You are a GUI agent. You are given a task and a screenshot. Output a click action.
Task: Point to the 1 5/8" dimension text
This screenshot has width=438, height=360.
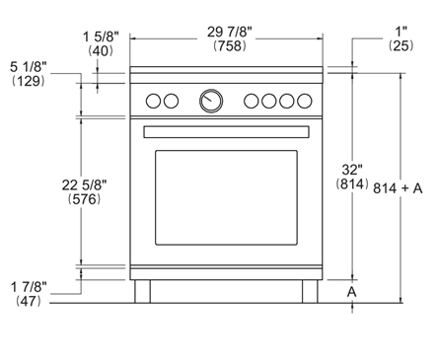click(101, 36)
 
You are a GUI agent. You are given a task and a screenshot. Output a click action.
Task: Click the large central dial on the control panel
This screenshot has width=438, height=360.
click(211, 100)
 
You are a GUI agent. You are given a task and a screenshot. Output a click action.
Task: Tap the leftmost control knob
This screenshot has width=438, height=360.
click(153, 100)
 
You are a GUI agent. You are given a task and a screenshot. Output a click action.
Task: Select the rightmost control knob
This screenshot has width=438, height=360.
click(300, 100)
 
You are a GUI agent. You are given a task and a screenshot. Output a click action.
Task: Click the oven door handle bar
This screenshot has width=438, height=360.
click(227, 131)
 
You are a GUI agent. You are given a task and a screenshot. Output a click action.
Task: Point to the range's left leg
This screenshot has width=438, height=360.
click(143, 292)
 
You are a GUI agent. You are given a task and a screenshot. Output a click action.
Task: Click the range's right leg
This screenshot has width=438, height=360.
click(311, 292)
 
